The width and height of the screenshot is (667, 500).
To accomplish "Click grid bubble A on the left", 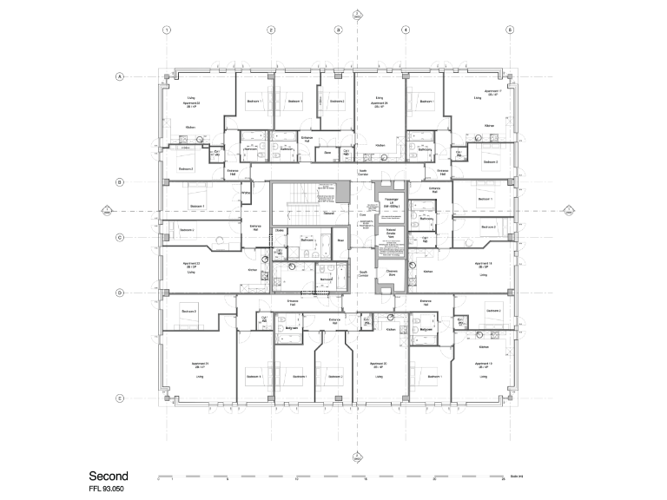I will point(120,76).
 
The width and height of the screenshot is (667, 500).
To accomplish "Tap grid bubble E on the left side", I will point(120,398).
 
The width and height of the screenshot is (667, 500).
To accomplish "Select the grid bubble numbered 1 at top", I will point(165,30).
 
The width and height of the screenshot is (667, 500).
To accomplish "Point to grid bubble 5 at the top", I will point(509,30).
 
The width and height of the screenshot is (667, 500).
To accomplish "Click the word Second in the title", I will point(109,476).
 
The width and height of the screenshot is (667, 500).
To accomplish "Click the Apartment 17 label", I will point(492,92).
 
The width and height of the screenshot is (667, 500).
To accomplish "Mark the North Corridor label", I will point(364,174).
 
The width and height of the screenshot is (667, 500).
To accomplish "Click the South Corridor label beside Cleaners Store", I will point(364,274).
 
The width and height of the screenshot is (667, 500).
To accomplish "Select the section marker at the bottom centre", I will point(357,457).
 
